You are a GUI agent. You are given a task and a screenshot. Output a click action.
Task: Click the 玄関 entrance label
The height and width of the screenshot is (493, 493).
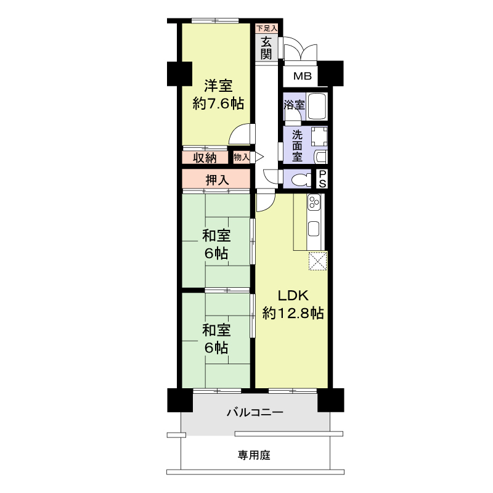(x=266, y=48)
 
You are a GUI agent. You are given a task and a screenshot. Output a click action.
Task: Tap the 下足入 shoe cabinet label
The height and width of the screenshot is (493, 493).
(x=267, y=28)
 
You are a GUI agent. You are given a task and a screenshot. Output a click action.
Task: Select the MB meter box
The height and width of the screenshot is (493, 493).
(x=302, y=76)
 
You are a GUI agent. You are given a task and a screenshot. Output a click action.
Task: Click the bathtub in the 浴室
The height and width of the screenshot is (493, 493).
(x=317, y=106)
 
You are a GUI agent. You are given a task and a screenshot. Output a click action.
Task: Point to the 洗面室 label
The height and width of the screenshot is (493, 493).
(x=297, y=145)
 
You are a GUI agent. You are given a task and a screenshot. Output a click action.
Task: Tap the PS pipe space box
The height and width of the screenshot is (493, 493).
(x=322, y=179)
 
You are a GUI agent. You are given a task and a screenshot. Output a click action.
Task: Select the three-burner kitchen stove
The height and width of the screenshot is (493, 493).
(x=314, y=202)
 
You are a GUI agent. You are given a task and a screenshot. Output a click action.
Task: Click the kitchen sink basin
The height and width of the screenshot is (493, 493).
(x=314, y=228)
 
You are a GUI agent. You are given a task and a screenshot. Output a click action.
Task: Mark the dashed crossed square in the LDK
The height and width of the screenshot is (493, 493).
(x=318, y=261)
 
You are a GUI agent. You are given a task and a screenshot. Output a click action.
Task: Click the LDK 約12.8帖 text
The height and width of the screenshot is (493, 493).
(x=293, y=304)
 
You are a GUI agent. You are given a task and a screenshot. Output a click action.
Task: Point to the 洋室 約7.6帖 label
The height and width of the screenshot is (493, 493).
(x=218, y=94)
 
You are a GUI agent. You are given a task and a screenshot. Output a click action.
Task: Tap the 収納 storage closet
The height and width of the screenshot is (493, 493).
(x=205, y=158)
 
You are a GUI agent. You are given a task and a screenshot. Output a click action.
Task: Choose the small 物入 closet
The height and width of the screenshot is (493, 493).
(x=242, y=157)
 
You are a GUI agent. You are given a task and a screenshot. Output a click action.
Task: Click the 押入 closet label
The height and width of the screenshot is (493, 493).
(x=217, y=180)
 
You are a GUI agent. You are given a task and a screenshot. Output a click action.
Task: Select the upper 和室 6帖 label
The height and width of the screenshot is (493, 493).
(x=216, y=244)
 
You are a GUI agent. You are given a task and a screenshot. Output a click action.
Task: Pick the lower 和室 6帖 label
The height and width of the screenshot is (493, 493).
(x=216, y=339)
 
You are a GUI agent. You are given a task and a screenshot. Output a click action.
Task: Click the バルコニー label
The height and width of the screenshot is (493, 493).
(x=255, y=412)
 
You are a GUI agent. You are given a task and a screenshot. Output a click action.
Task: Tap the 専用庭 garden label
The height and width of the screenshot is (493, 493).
(x=254, y=455)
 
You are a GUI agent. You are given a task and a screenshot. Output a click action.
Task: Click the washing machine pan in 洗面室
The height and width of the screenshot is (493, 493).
(x=319, y=136)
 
